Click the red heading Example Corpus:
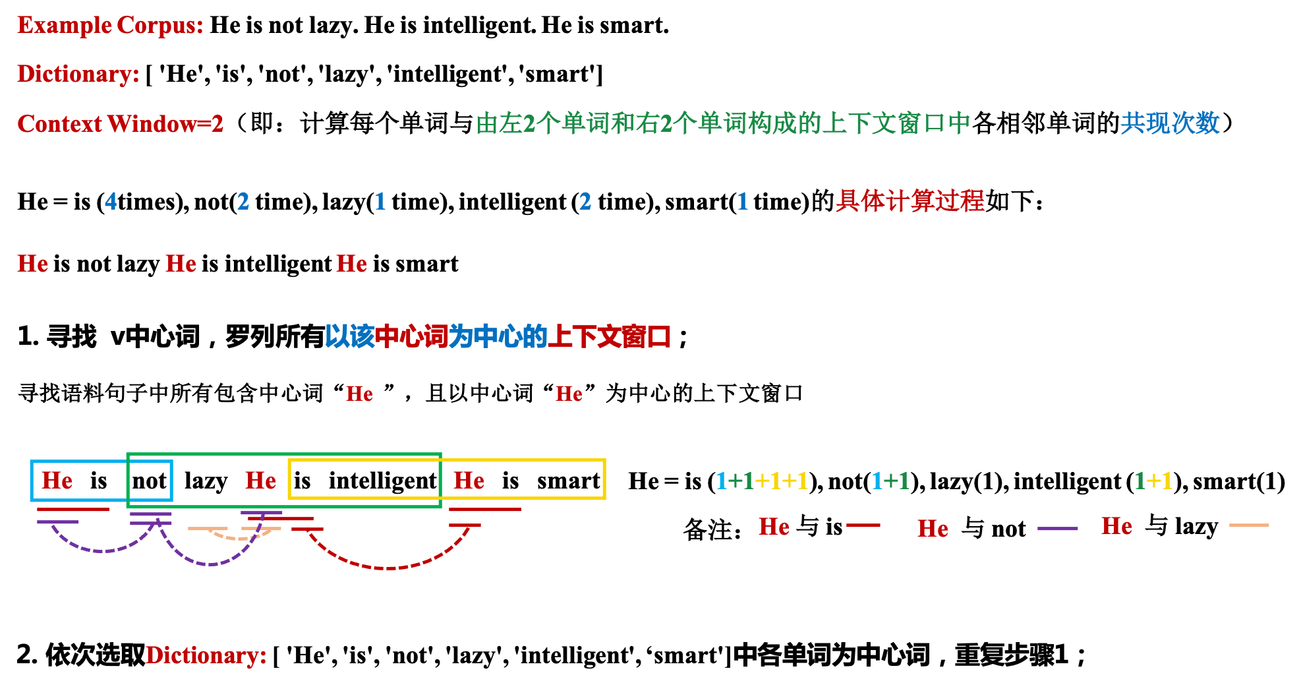pyautogui.click(x=110, y=26)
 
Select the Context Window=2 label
pyautogui.click(x=120, y=124)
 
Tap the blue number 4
pyautogui.click(x=111, y=201)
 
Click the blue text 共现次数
pyautogui.click(x=1170, y=123)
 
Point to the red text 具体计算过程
pyautogui.click(x=910, y=201)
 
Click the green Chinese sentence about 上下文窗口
pyautogui.click(x=722, y=123)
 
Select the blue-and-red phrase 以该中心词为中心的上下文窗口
pyautogui.click(x=498, y=337)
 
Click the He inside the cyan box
pyautogui.click(x=57, y=481)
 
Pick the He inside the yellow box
pyautogui.click(x=469, y=481)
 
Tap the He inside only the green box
pyautogui.click(x=261, y=481)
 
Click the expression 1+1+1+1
pyautogui.click(x=762, y=481)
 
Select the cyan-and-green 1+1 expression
pyautogui.click(x=890, y=481)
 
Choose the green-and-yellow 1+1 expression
pyautogui.click(x=1153, y=481)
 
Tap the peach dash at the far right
pyautogui.click(x=1249, y=525)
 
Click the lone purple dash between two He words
pyautogui.click(x=1057, y=529)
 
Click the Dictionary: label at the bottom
pyautogui.click(x=206, y=655)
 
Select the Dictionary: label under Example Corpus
pyautogui.click(x=78, y=74)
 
